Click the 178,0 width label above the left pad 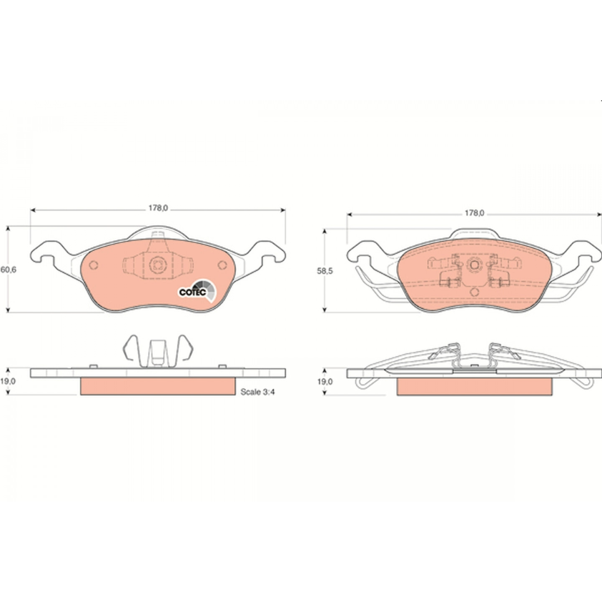[x=158, y=208]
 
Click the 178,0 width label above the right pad [x=474, y=213]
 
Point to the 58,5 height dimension [x=325, y=271]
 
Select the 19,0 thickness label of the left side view [x=8, y=381]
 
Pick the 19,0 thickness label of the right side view [x=325, y=382]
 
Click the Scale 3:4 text [x=258, y=392]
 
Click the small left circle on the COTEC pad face [x=93, y=265]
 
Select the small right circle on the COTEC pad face [x=222, y=265]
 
